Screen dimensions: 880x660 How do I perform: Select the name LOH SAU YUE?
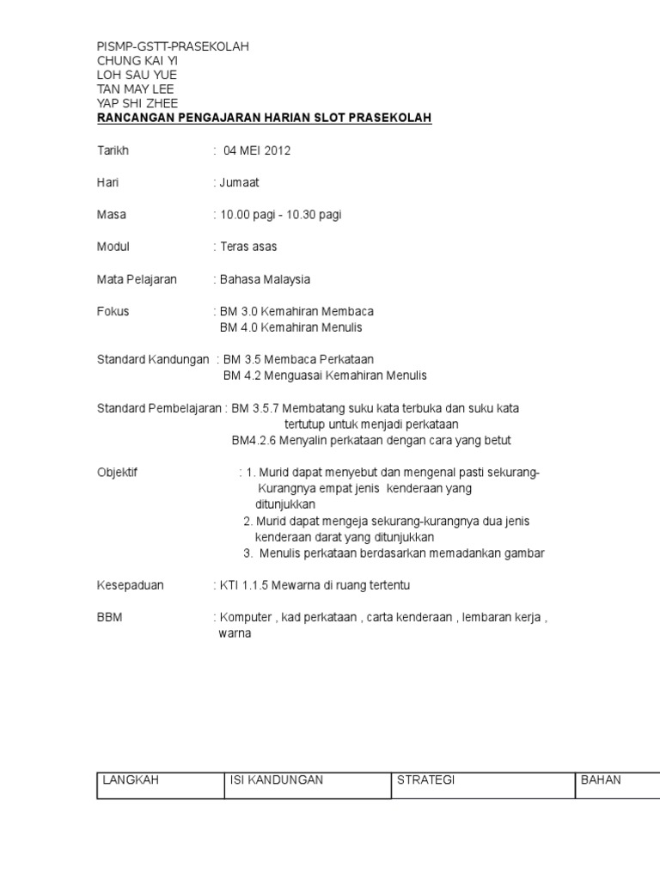point(137,75)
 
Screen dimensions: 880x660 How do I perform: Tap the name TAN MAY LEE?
point(137,89)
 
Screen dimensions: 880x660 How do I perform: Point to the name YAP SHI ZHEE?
point(137,103)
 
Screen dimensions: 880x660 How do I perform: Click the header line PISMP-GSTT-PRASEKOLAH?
point(173,46)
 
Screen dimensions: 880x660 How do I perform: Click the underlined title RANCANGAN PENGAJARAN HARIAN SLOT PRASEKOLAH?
point(264,118)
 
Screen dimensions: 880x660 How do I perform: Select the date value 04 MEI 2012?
point(257,150)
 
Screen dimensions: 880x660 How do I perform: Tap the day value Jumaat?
point(238,182)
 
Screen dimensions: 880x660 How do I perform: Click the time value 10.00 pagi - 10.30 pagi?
point(279,215)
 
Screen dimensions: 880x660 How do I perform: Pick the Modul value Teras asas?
point(247,247)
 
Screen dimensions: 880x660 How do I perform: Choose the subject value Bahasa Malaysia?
point(264,279)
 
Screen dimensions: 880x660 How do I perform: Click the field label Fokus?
point(113,311)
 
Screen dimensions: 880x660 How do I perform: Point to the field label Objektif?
point(117,473)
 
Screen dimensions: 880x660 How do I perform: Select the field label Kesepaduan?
point(130,585)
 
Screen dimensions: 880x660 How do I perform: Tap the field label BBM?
point(109,617)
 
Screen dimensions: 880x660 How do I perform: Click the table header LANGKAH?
point(131,780)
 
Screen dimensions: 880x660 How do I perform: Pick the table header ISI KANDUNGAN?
point(277,780)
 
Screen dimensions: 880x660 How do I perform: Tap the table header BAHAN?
point(601,780)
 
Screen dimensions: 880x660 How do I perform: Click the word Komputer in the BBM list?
point(246,617)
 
